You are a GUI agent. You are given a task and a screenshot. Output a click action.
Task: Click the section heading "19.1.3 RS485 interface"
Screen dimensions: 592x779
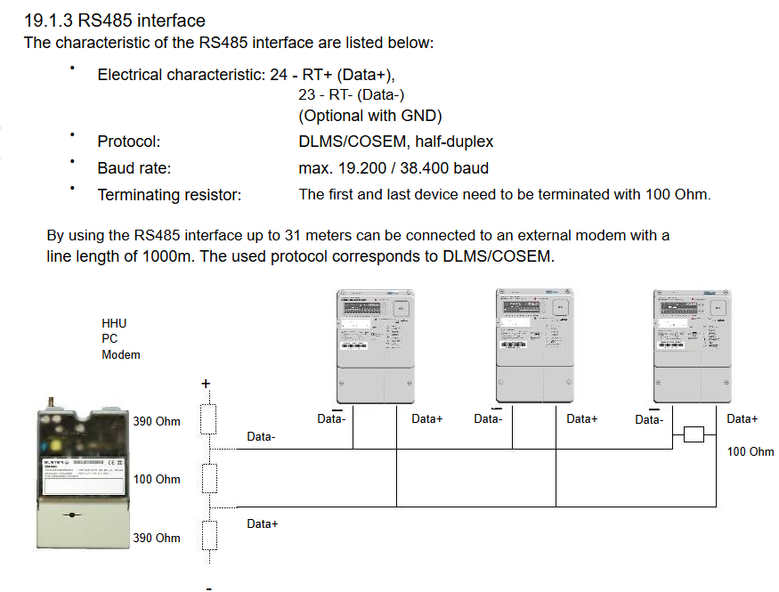(114, 20)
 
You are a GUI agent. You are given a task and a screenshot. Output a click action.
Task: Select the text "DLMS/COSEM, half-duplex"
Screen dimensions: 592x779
(395, 142)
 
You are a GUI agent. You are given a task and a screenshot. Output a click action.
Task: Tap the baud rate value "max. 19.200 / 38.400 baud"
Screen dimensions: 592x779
(394, 168)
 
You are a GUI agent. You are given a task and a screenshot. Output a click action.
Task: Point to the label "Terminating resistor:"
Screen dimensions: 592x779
(169, 195)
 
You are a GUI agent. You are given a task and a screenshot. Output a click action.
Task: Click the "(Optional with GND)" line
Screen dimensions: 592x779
(370, 116)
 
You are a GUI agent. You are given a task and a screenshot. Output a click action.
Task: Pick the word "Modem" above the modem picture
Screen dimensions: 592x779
(121, 354)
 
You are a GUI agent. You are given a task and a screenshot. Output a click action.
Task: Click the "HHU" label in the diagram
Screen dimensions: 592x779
(114, 322)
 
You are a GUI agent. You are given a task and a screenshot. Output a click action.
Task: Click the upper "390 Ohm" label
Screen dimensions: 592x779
(157, 421)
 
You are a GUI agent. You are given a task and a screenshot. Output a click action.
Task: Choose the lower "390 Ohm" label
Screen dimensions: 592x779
(157, 538)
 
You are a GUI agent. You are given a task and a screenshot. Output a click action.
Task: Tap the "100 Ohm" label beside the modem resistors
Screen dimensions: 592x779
(157, 480)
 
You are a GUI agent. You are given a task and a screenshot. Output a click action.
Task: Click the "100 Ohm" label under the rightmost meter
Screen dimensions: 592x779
(751, 451)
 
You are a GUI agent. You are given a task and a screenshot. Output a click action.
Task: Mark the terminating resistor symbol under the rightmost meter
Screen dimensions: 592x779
(694, 434)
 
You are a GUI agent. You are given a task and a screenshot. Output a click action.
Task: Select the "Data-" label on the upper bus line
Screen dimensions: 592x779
(261, 437)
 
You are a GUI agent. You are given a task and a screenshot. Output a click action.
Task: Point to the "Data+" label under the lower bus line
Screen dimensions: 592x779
(263, 524)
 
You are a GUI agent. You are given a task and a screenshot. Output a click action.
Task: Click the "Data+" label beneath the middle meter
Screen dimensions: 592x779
(581, 418)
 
